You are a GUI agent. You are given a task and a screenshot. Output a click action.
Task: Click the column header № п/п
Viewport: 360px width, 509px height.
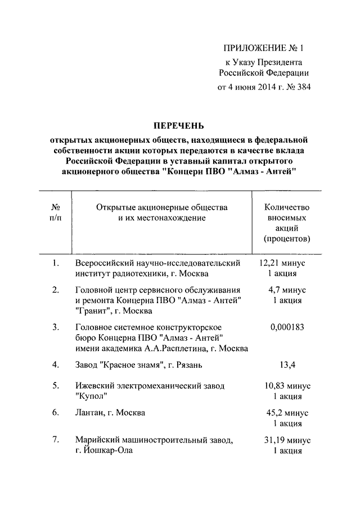click(55, 213)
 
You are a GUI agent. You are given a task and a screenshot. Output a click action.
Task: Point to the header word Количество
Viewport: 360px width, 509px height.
click(287, 208)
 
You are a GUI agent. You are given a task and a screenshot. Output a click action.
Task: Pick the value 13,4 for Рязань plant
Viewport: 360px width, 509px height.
click(287, 364)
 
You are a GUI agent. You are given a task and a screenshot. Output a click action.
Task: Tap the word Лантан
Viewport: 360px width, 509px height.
click(90, 413)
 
